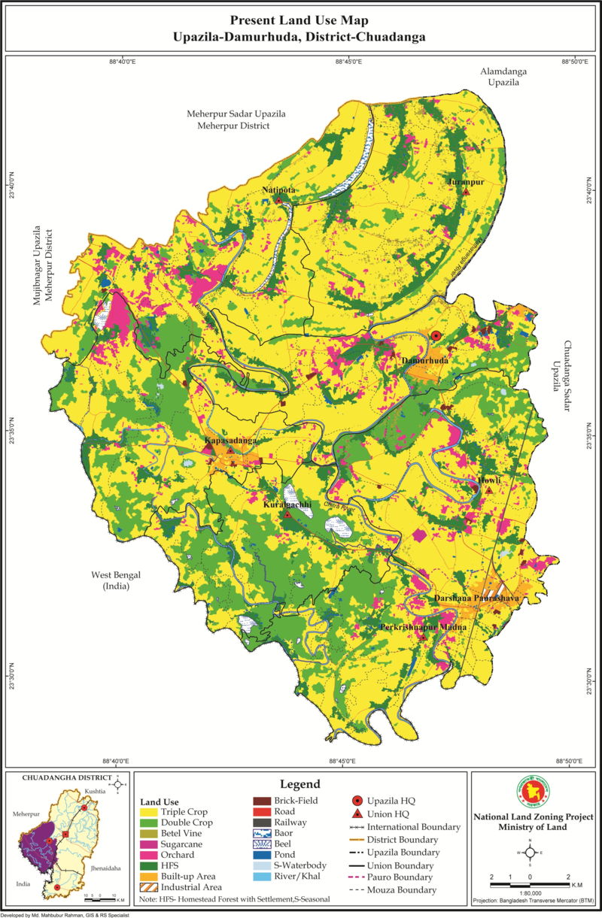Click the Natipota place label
(x=278, y=191)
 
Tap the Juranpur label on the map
(x=464, y=182)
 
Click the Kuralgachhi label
(x=287, y=504)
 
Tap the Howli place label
(x=488, y=480)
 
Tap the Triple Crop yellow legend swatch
(x=148, y=812)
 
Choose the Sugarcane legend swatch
(x=148, y=844)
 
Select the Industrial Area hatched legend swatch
(x=148, y=887)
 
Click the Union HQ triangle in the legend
(x=358, y=813)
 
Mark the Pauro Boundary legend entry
(x=360, y=877)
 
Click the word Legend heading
(x=299, y=783)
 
